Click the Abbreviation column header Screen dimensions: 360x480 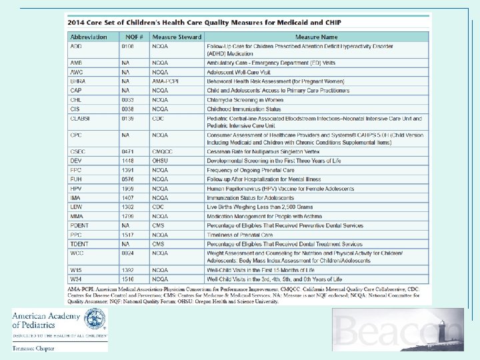pos(89,37)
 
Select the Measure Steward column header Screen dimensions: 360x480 pos(177,37)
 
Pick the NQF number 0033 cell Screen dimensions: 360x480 pos(128,99)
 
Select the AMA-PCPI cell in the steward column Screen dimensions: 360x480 pos(163,81)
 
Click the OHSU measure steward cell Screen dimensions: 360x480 pos(160,161)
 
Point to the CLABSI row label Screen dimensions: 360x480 pos(81,119)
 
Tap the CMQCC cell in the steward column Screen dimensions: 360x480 pos(161,151)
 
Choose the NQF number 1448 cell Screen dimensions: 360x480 pos(128,161)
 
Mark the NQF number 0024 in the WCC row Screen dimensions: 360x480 pos(128,253)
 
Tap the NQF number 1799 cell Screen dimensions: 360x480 pos(128,216)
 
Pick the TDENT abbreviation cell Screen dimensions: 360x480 pos(79,244)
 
